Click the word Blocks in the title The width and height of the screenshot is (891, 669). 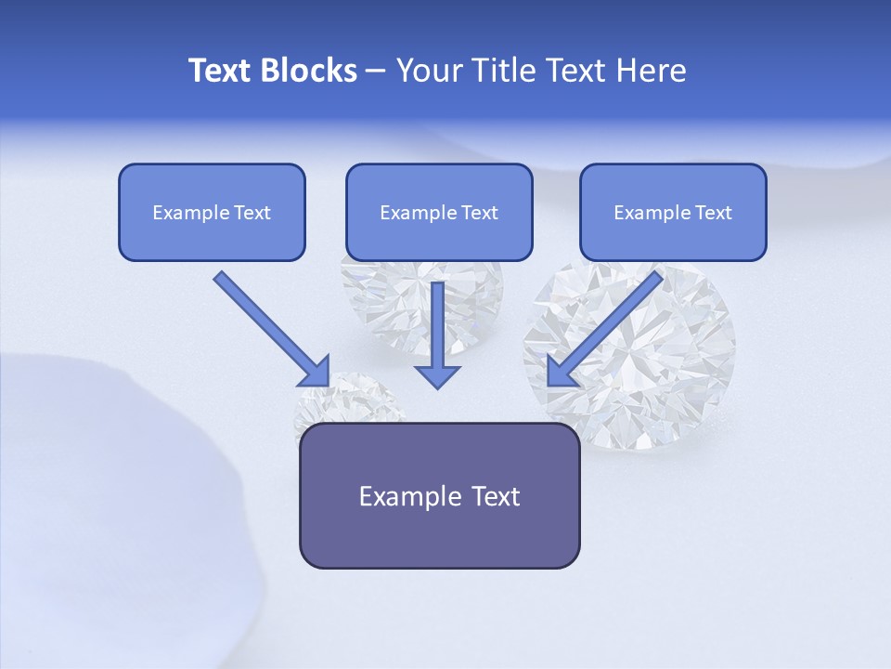click(x=309, y=71)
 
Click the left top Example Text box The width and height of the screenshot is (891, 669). click(x=212, y=212)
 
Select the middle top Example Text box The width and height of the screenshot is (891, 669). click(x=439, y=212)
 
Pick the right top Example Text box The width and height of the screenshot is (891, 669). click(x=673, y=212)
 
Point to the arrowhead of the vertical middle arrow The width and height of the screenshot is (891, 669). click(x=437, y=375)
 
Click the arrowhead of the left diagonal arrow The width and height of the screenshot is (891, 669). click(x=316, y=372)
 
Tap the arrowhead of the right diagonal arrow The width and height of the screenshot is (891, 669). click(x=560, y=372)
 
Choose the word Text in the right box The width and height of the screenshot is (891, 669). click(x=713, y=213)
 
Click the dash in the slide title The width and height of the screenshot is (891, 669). click(x=376, y=71)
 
